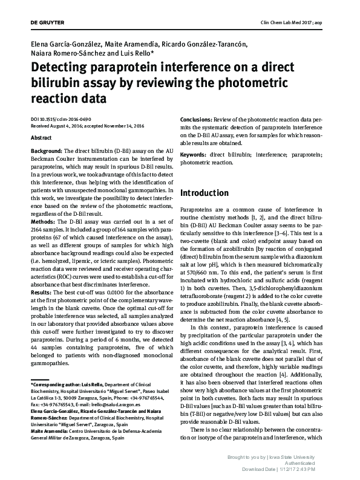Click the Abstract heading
(41, 138)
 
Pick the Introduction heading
(205, 193)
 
